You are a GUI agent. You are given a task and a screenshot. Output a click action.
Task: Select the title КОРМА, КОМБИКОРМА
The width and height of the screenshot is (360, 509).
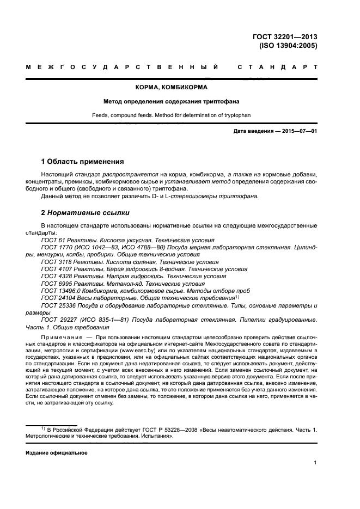tap(172, 87)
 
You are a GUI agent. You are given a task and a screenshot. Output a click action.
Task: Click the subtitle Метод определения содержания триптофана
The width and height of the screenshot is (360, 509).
tap(172, 101)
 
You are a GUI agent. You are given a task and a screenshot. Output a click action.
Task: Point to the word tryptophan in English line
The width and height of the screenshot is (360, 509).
tap(236, 115)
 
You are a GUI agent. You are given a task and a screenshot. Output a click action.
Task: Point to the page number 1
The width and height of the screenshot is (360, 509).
tap(315, 463)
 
